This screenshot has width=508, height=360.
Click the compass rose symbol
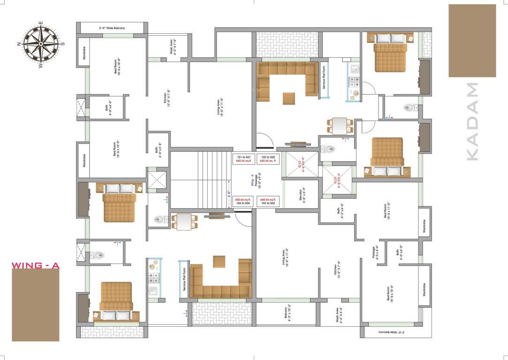coord(41,45)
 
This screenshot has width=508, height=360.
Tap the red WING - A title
coord(36,266)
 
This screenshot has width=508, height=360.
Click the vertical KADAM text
coord(472,122)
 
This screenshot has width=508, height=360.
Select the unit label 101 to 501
coord(243,158)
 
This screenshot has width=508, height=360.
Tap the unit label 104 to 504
coord(243,202)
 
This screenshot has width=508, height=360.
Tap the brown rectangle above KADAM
coord(472,41)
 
